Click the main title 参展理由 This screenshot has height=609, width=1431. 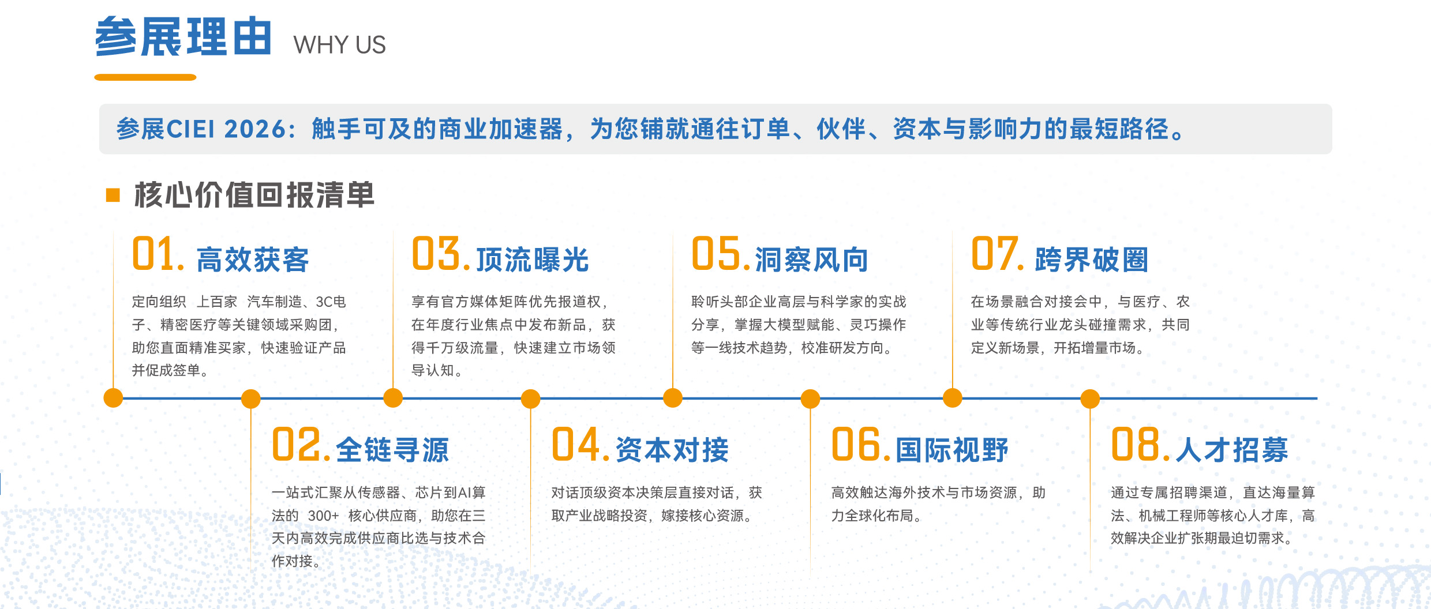[183, 37]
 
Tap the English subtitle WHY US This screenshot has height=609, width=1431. [339, 45]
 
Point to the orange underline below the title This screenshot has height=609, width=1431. [145, 77]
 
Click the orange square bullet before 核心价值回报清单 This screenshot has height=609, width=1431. [113, 195]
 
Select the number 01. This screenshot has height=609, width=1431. [158, 254]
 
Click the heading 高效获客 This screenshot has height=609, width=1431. [253, 260]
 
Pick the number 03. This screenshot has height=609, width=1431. [441, 254]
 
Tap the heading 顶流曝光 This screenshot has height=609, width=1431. [532, 260]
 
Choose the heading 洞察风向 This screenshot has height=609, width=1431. [812, 260]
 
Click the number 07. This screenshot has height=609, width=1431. [998, 254]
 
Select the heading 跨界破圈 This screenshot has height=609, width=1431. [1092, 260]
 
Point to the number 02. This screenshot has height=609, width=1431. [301, 445]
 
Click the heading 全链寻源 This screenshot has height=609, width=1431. [392, 450]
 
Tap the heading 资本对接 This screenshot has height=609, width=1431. [672, 450]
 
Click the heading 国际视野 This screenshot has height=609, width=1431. [952, 450]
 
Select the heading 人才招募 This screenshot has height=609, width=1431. [1232, 450]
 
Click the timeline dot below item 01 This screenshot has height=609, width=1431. [113, 398]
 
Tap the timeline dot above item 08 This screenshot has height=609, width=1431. [1090, 399]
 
